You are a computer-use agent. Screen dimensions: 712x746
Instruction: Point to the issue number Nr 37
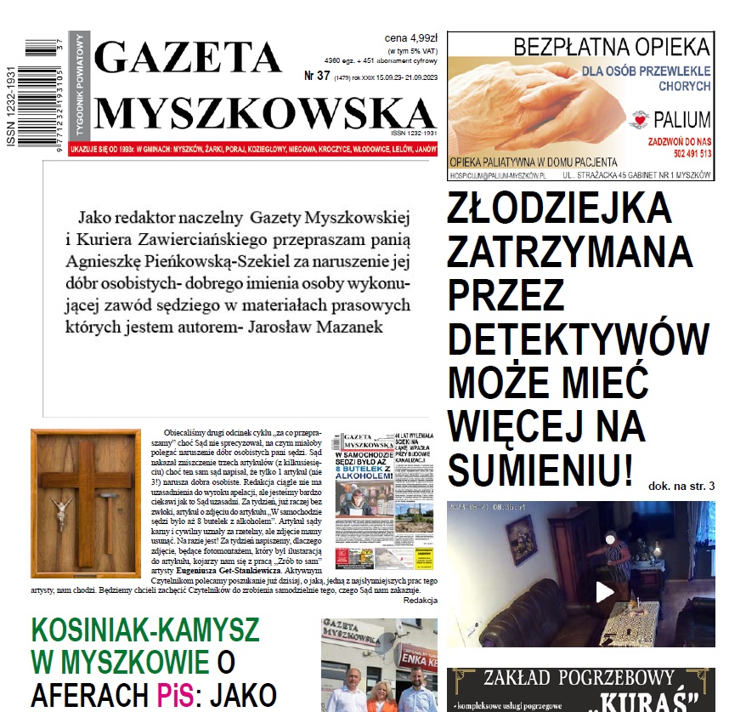tap(316, 76)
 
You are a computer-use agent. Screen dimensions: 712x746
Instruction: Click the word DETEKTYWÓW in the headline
tap(578, 339)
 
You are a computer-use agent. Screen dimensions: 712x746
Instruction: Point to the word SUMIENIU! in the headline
tap(540, 469)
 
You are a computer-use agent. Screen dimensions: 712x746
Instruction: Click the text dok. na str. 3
tap(681, 486)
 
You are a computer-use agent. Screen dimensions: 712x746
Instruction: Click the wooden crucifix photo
tap(74, 491)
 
